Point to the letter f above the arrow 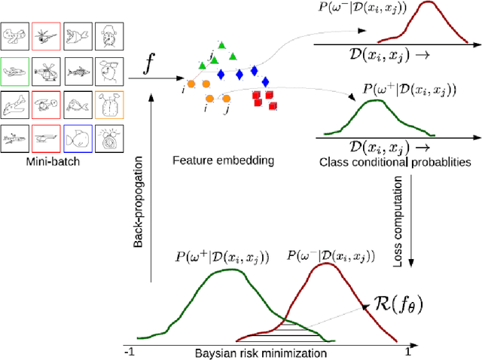click(151, 64)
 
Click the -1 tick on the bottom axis click(130, 352)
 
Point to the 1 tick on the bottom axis click(408, 351)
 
